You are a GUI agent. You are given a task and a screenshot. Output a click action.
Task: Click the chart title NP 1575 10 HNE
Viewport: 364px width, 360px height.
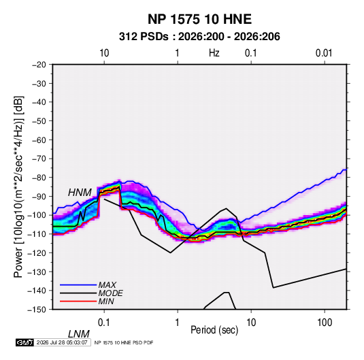click(x=199, y=19)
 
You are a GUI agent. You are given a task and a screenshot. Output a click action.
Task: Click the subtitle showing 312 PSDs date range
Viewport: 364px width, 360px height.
click(x=199, y=37)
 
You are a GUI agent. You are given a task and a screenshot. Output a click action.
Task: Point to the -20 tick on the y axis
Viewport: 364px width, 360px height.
click(x=39, y=65)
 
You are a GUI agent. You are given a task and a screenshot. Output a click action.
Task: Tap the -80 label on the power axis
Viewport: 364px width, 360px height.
click(x=39, y=178)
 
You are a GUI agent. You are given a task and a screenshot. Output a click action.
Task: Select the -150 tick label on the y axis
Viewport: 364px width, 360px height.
click(x=37, y=310)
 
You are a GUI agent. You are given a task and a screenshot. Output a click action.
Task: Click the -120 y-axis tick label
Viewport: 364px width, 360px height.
click(x=37, y=252)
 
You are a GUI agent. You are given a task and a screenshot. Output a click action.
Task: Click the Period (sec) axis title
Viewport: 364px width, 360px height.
click(x=214, y=330)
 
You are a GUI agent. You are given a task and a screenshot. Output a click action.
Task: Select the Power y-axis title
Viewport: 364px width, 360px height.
click(x=18, y=187)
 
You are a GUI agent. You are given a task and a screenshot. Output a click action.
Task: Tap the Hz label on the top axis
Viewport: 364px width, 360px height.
click(x=214, y=53)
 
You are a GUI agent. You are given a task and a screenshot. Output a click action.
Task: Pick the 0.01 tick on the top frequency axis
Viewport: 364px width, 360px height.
click(x=324, y=53)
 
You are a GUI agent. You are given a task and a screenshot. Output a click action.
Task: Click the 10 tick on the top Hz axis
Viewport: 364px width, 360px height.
click(x=104, y=53)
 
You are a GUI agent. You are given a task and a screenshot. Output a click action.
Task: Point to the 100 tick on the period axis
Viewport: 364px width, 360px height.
click(x=325, y=323)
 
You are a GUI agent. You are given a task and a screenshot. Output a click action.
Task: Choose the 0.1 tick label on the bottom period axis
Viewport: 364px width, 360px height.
click(x=104, y=323)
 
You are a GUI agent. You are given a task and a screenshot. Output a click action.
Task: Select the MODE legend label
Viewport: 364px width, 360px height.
click(x=110, y=293)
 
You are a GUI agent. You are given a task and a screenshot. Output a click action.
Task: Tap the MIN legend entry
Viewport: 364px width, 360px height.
click(x=106, y=301)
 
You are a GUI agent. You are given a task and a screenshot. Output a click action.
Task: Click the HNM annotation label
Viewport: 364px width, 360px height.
click(x=80, y=193)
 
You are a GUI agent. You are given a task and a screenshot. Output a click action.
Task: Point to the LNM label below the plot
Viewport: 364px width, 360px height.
click(x=78, y=334)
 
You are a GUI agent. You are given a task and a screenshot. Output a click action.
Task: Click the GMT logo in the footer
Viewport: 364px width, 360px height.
click(x=24, y=342)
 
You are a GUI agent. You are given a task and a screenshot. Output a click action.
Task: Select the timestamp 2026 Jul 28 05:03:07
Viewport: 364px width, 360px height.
click(x=62, y=342)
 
